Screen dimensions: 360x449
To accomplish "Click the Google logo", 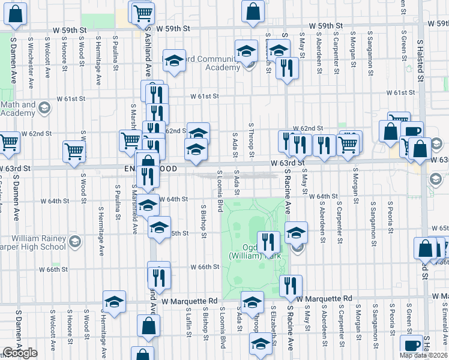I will click(19, 353).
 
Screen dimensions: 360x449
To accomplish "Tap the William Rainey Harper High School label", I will click(34, 242).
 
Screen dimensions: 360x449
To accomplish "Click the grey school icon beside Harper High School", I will click(75, 242).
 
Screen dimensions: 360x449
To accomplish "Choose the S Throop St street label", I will click(252, 142).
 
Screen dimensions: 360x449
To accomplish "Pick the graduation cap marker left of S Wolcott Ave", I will click(114, 302).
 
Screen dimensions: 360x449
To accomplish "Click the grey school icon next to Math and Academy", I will click(43, 109).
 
